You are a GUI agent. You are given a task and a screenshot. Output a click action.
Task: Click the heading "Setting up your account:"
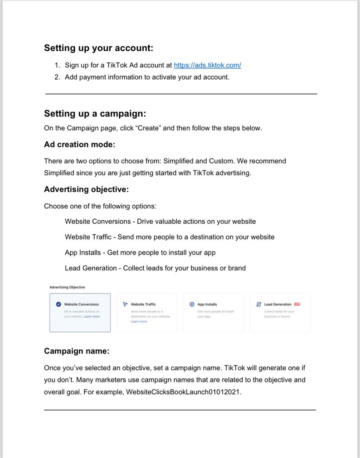point(98,48)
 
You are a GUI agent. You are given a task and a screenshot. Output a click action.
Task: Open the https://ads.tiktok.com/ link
point(207,65)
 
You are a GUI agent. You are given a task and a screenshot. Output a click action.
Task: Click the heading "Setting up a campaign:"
point(95,113)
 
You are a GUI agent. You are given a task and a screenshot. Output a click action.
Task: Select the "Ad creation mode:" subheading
point(79,145)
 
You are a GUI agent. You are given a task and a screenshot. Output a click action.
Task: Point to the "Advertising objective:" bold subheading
point(86,189)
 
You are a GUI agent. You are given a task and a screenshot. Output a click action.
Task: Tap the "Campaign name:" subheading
point(77,351)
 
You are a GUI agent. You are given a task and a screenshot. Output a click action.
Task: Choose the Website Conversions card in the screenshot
point(80,313)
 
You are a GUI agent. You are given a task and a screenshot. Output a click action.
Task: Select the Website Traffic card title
point(143,304)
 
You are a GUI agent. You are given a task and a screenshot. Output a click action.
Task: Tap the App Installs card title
point(207,304)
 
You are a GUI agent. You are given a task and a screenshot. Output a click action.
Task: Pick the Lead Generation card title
point(277,304)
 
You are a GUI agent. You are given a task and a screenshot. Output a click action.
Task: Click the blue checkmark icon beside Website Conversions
point(58,304)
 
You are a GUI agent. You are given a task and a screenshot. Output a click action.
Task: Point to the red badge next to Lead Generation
point(297,304)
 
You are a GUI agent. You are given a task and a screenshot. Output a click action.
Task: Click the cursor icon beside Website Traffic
point(126,304)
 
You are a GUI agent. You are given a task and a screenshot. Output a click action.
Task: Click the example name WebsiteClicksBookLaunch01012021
point(182,392)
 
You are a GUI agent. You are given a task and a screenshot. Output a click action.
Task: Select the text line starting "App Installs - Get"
point(140,253)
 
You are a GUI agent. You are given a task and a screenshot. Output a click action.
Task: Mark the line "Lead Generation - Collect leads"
point(155,268)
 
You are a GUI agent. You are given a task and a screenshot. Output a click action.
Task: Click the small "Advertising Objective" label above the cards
point(67,287)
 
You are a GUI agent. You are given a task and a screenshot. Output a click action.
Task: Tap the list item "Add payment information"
point(147,77)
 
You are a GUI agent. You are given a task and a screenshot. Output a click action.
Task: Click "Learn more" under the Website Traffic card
point(139,322)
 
